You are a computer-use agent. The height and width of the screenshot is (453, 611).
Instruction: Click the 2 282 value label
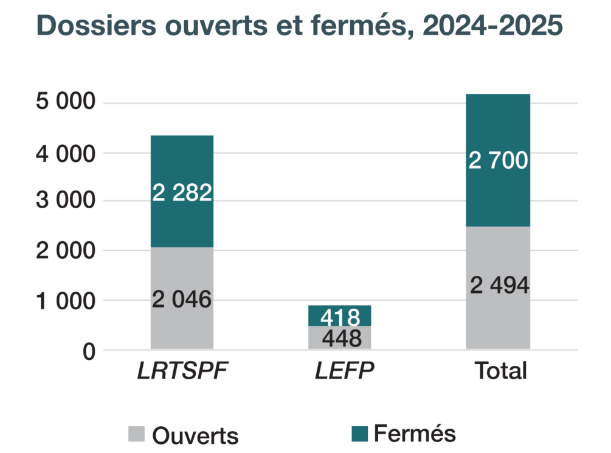(182, 193)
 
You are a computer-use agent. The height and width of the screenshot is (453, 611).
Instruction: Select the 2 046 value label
(182, 300)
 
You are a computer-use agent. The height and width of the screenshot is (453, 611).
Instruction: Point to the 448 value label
(340, 338)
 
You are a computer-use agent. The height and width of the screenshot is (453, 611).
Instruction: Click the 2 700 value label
(498, 161)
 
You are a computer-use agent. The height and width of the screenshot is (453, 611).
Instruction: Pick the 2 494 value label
(498, 284)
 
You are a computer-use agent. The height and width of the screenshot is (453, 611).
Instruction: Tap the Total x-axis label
(500, 371)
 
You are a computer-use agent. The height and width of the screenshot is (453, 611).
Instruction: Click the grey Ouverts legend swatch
(136, 435)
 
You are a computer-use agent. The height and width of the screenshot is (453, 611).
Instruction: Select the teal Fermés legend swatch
(361, 434)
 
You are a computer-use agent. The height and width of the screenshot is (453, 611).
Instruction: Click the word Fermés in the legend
(414, 434)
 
